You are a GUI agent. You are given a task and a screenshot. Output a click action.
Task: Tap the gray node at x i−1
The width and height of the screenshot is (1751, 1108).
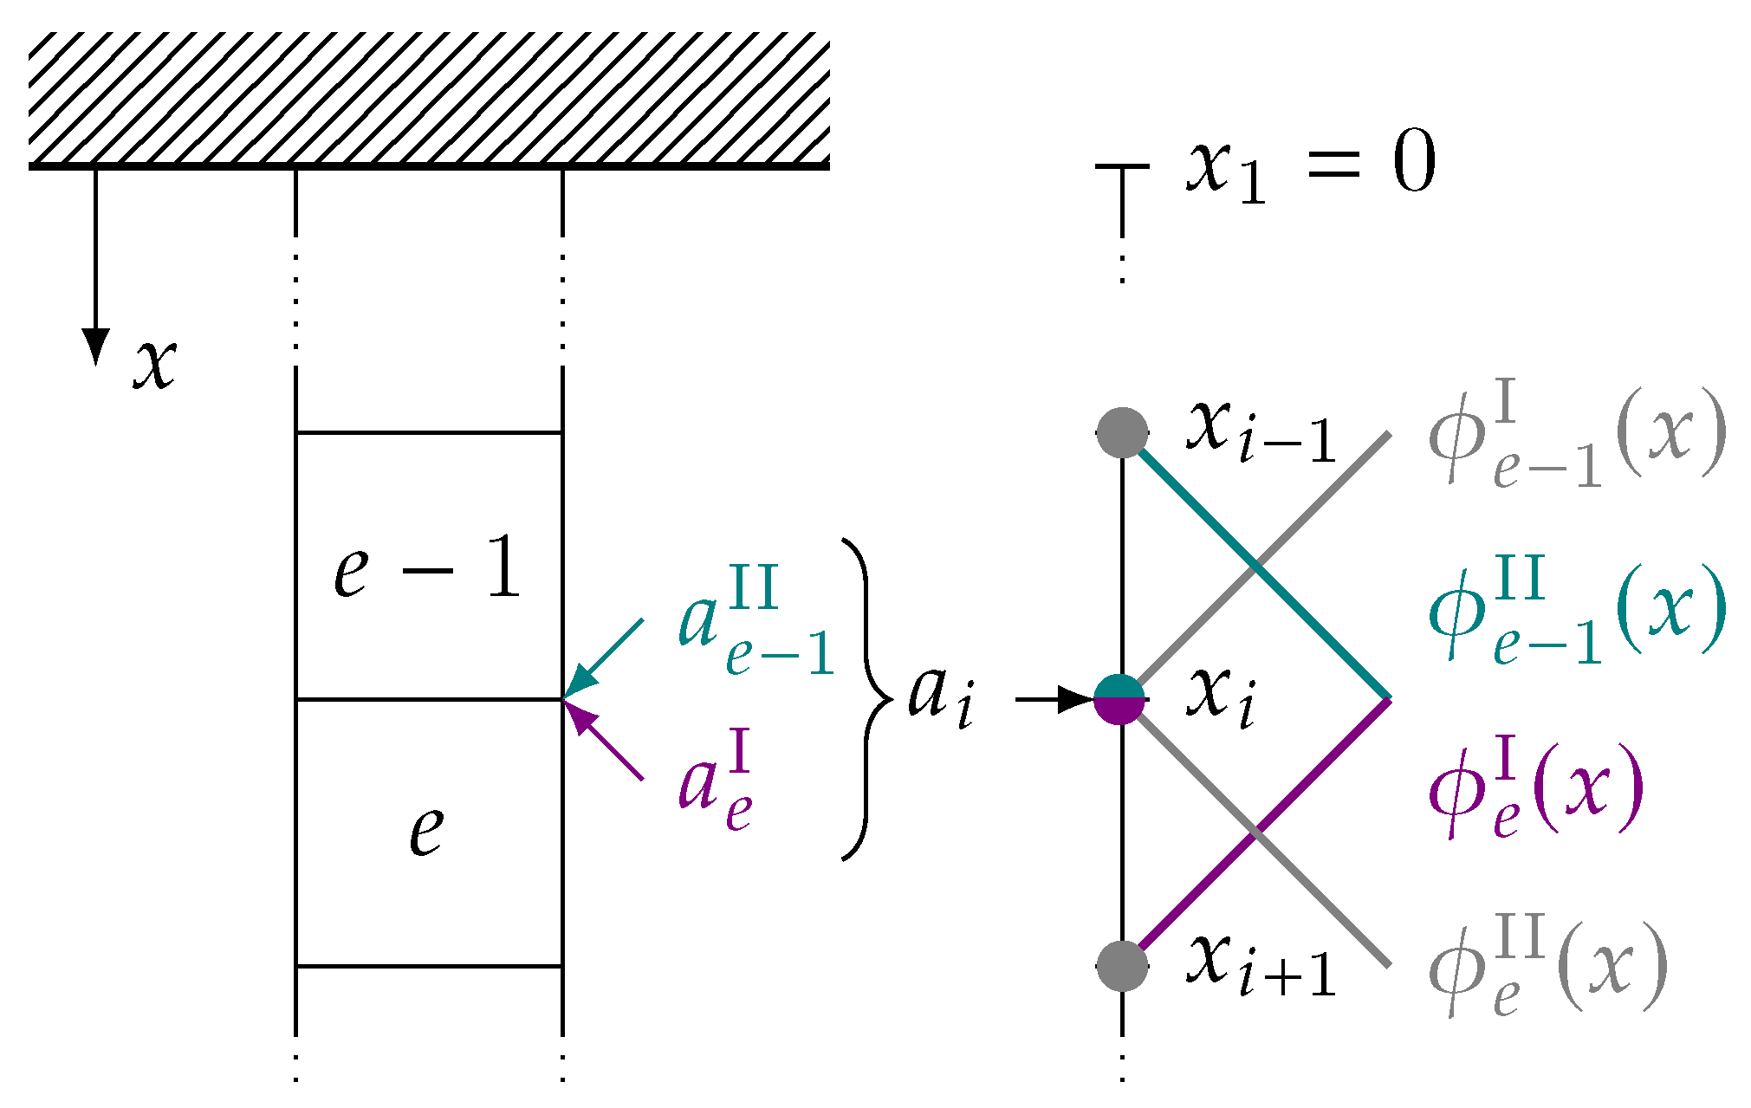1122,432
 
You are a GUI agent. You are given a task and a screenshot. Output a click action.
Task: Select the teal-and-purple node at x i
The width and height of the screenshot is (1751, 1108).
1120,698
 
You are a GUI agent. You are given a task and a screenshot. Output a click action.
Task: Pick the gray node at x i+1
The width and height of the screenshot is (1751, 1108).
1122,965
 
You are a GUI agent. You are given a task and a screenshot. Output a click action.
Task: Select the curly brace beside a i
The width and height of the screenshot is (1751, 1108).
867,698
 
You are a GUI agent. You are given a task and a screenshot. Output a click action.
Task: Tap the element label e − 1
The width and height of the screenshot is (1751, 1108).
428,568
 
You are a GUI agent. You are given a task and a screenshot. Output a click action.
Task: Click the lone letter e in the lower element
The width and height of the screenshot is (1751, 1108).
426,830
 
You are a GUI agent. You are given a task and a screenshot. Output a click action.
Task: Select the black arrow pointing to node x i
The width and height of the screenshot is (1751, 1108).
1053,698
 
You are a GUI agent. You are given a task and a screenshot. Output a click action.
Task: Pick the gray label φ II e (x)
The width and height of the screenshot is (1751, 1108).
1547,967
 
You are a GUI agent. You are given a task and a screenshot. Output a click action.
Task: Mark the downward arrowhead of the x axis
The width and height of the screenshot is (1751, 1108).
95,347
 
